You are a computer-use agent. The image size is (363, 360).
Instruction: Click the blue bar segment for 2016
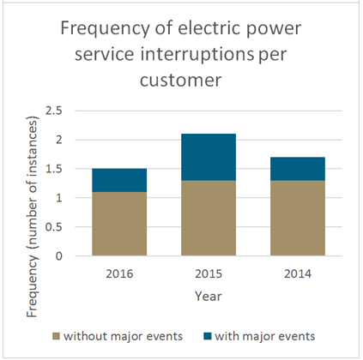coord(119,180)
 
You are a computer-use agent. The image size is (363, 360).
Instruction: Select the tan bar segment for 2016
coord(119,224)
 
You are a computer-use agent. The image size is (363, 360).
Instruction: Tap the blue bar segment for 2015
coord(209,157)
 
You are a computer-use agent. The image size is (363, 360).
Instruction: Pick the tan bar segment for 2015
coord(209,218)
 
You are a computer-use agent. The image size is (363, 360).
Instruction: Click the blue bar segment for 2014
coord(298,169)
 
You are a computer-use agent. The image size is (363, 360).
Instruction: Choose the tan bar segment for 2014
coord(298,218)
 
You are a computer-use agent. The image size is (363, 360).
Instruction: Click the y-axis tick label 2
coord(58,140)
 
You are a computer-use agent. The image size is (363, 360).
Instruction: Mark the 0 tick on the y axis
coord(58,256)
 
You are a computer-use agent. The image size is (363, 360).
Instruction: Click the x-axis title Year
coord(209,296)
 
